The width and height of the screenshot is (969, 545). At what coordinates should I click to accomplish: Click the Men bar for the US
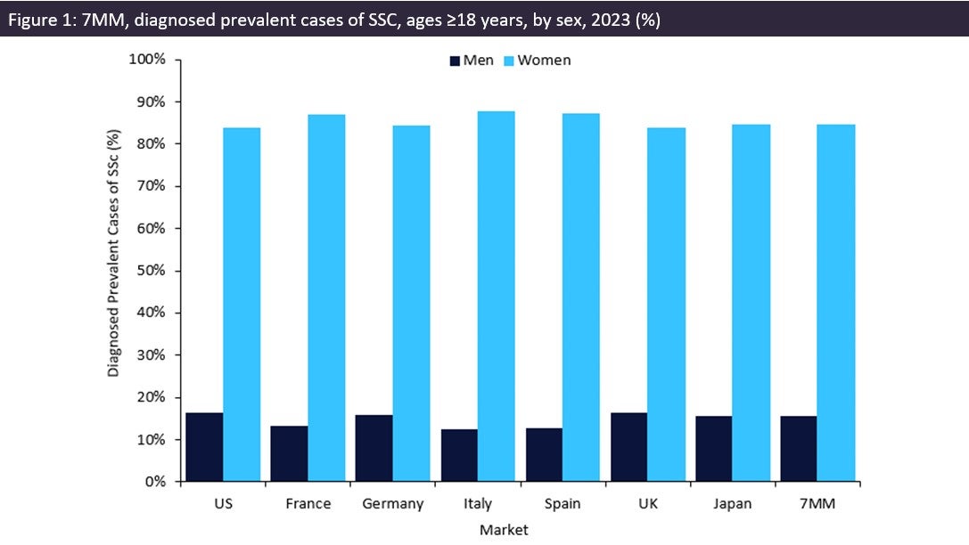(x=204, y=447)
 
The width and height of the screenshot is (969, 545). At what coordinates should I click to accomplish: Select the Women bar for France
(x=326, y=298)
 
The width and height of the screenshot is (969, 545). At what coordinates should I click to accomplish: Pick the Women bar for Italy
(x=497, y=297)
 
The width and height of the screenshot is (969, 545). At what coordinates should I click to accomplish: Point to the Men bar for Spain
(x=544, y=455)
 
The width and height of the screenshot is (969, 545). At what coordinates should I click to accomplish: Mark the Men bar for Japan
(x=713, y=449)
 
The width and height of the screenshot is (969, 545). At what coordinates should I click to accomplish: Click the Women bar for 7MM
(x=836, y=303)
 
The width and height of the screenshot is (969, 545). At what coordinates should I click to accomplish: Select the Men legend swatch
(x=455, y=61)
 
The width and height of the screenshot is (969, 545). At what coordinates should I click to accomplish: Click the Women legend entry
(x=544, y=61)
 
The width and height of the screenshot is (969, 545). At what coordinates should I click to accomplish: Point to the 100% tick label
(x=148, y=60)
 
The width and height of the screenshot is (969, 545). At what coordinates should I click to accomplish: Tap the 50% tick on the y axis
(x=152, y=271)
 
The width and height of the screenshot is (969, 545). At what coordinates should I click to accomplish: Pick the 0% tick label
(x=155, y=482)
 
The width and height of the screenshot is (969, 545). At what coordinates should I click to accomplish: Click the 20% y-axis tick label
(x=152, y=397)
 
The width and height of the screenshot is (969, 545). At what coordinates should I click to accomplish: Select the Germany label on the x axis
(x=393, y=504)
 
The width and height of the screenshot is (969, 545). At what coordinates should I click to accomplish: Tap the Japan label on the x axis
(x=733, y=504)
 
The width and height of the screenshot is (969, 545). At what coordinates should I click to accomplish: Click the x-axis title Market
(x=504, y=530)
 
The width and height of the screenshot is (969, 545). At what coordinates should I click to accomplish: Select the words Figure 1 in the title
(x=37, y=20)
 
